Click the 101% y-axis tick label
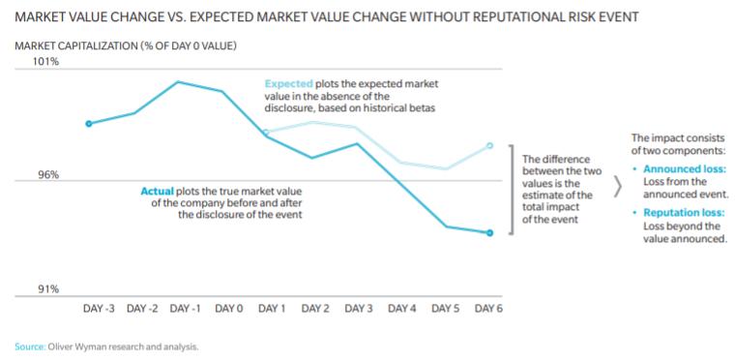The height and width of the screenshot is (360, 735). pos(45,61)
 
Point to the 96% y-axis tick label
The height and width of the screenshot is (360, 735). pos(47,175)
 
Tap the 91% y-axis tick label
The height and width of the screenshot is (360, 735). pos(47,288)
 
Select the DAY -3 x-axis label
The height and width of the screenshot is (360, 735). pos(100,309)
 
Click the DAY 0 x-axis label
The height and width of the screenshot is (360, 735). pos(228,309)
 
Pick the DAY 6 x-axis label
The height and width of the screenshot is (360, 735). pos(488,309)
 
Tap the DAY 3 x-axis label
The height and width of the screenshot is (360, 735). pos(358,309)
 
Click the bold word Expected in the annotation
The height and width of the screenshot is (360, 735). pos(288,84)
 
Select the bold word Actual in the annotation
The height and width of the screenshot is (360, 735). pos(158,190)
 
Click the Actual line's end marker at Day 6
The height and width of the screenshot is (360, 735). pos(489,233)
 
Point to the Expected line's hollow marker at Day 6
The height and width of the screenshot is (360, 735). pos(489,145)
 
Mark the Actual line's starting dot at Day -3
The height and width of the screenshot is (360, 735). pos(89,123)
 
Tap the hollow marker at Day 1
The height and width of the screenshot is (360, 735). pos(267,133)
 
